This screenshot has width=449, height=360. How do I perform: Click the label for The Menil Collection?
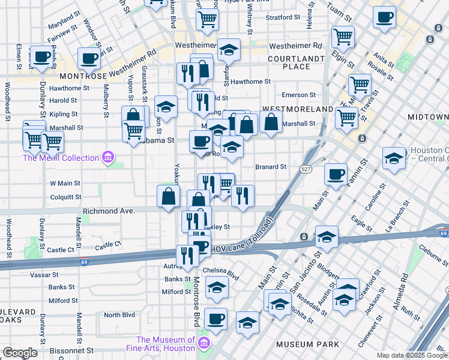coord(61,158)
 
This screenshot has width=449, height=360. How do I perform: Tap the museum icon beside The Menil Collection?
coord(108,158)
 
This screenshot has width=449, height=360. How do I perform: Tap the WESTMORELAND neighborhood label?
coord(297,109)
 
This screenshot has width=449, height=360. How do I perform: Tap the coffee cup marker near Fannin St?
coord(336,174)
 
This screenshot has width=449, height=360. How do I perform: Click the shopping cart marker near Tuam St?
coord(343,35)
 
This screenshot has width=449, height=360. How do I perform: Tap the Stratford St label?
coord(282,17)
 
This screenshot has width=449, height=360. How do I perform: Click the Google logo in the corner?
coord(20,353)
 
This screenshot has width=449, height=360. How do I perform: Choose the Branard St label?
coord(271,167)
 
